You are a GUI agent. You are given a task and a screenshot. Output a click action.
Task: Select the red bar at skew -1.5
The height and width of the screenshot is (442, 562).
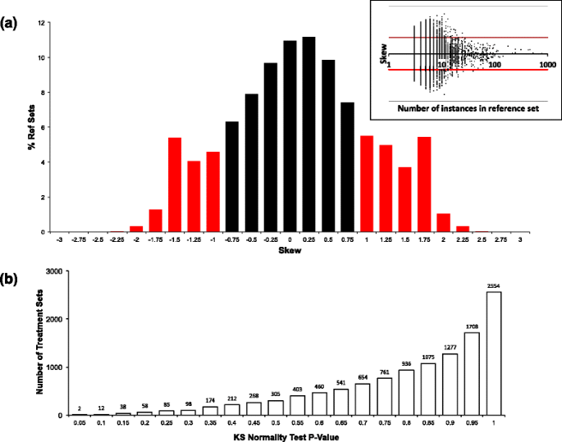(174, 185)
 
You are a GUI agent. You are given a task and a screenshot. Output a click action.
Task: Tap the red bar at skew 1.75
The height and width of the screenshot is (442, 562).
(424, 185)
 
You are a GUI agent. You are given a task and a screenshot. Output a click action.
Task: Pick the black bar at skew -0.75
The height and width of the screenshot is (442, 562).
(232, 176)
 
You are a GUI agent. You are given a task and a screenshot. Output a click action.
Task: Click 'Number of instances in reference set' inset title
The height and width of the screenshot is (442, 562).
(467, 108)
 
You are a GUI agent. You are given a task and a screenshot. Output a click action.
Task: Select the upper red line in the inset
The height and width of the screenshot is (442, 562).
(468, 37)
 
